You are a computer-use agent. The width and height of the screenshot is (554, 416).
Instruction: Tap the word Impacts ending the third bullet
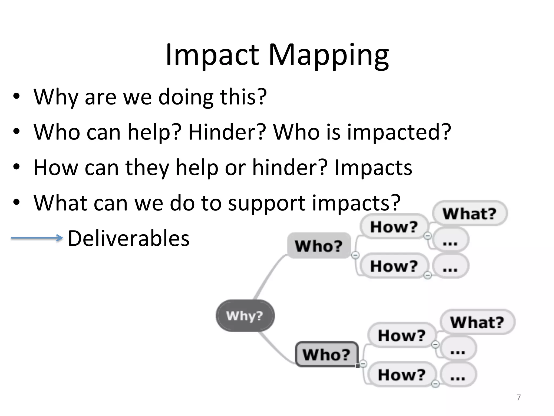click(373, 168)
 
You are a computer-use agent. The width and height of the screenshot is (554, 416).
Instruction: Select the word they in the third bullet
click(147, 168)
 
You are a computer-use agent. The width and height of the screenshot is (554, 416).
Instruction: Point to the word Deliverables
click(128, 238)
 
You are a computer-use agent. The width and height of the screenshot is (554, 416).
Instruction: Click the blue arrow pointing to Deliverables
click(37, 238)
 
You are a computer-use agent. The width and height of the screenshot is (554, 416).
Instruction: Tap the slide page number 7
click(519, 397)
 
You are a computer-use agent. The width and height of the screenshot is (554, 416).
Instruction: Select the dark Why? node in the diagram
click(245, 316)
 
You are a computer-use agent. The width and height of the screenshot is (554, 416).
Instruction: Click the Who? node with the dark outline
click(327, 354)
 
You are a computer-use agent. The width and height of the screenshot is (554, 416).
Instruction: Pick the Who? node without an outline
click(319, 246)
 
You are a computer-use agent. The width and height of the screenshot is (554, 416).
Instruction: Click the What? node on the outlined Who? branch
click(477, 322)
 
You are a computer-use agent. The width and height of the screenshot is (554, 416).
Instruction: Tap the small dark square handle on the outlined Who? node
click(357, 366)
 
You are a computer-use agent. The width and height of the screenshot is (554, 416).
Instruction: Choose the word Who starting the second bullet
click(57, 132)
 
